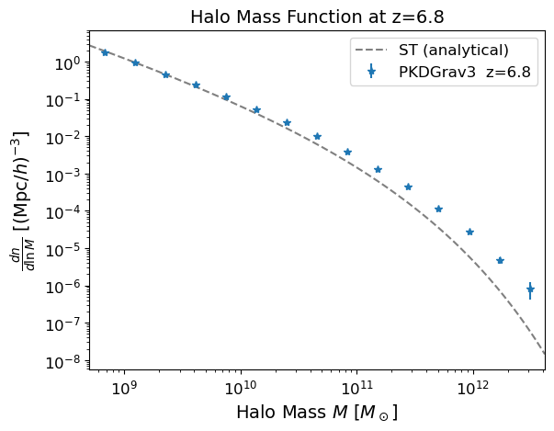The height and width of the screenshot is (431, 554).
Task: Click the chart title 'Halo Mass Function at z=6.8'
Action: [316, 17]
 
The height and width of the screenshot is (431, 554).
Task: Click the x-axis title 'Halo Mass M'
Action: [316, 413]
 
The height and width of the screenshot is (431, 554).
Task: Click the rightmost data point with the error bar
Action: [530, 289]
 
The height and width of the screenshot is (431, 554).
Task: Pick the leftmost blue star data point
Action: [105, 52]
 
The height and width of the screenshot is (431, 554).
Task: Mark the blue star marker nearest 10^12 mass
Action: [469, 232]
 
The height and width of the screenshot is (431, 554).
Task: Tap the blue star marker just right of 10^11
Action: [378, 169]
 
